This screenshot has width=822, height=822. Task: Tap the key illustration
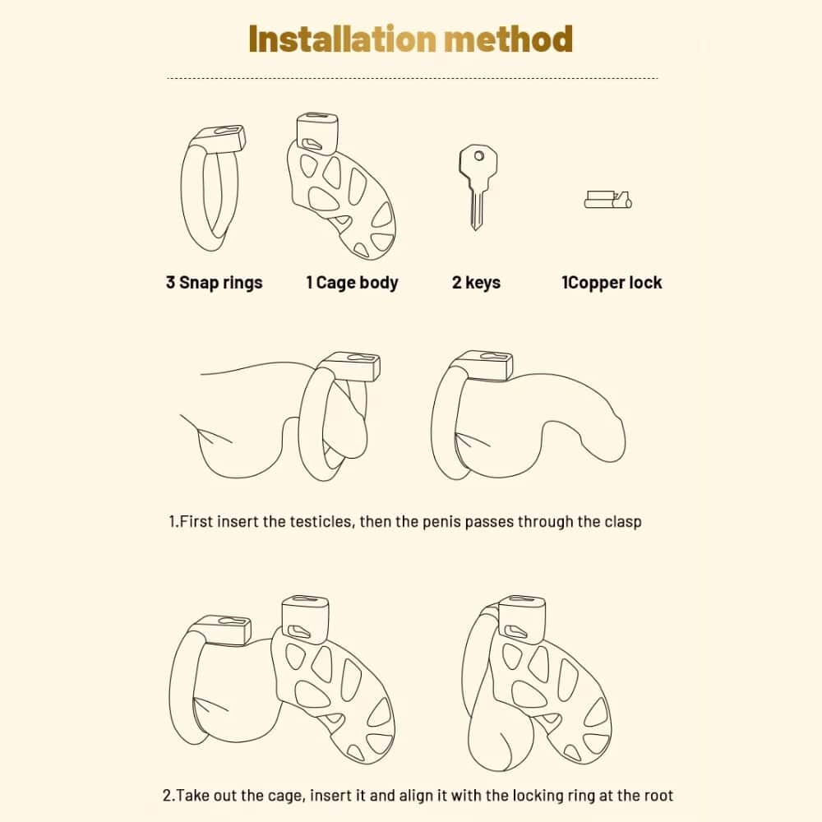(x=477, y=187)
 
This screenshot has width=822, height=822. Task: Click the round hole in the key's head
(x=479, y=155)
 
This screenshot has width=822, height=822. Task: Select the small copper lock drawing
(x=608, y=200)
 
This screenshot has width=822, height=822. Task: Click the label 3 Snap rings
(x=214, y=283)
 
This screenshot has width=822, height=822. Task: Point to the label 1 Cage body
(x=353, y=283)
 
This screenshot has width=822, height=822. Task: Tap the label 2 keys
(x=476, y=283)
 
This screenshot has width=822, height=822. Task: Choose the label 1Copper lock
(x=612, y=283)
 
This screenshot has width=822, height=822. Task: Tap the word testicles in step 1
(x=321, y=522)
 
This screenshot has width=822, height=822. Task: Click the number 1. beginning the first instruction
(x=174, y=522)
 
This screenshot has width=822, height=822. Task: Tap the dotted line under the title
(x=413, y=78)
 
